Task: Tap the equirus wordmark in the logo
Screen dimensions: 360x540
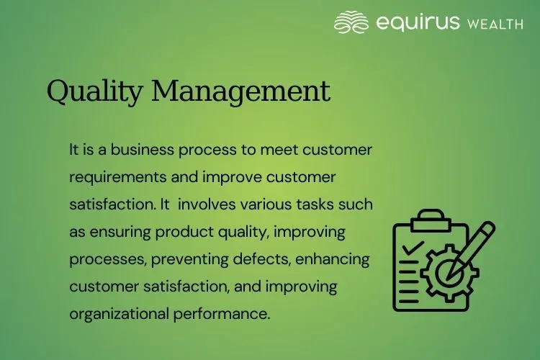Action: [x=418, y=23]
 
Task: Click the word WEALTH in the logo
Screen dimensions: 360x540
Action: [x=495, y=24]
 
